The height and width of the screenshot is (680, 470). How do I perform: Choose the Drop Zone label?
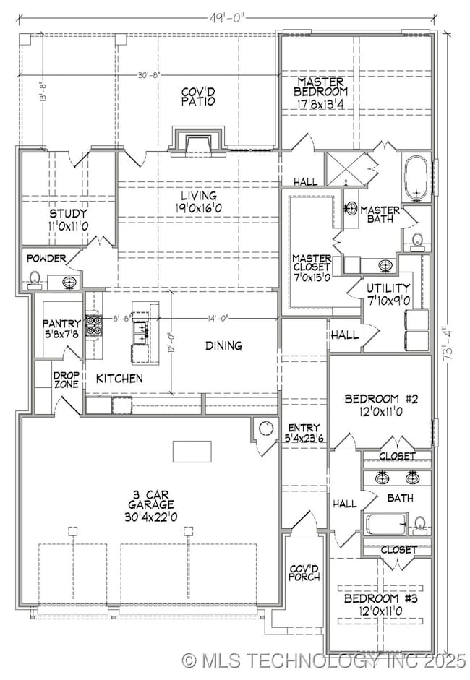(66, 380)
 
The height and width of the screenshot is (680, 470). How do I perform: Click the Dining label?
(223, 345)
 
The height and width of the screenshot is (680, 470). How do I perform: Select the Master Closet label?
(312, 263)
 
